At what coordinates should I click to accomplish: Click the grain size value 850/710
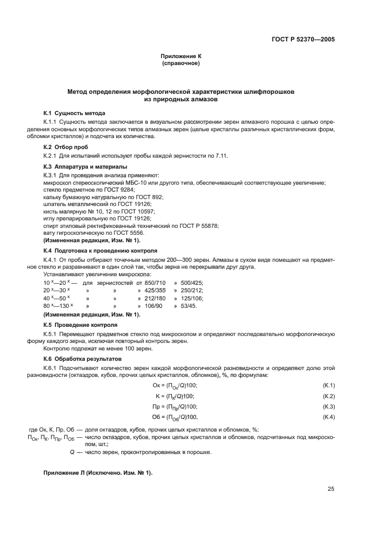pos(155,283)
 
